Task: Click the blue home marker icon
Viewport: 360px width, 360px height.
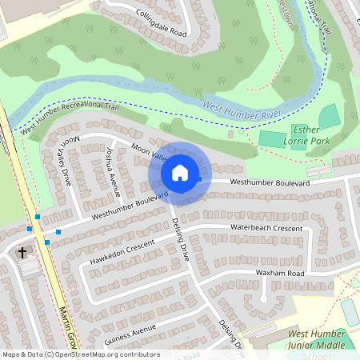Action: point(180,172)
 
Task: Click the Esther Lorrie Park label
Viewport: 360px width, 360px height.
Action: point(311,134)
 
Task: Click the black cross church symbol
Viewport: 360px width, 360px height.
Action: point(22,253)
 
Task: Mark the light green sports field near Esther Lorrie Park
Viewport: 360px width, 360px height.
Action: point(272,138)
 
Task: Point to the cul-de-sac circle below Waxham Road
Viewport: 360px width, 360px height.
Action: point(262,298)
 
